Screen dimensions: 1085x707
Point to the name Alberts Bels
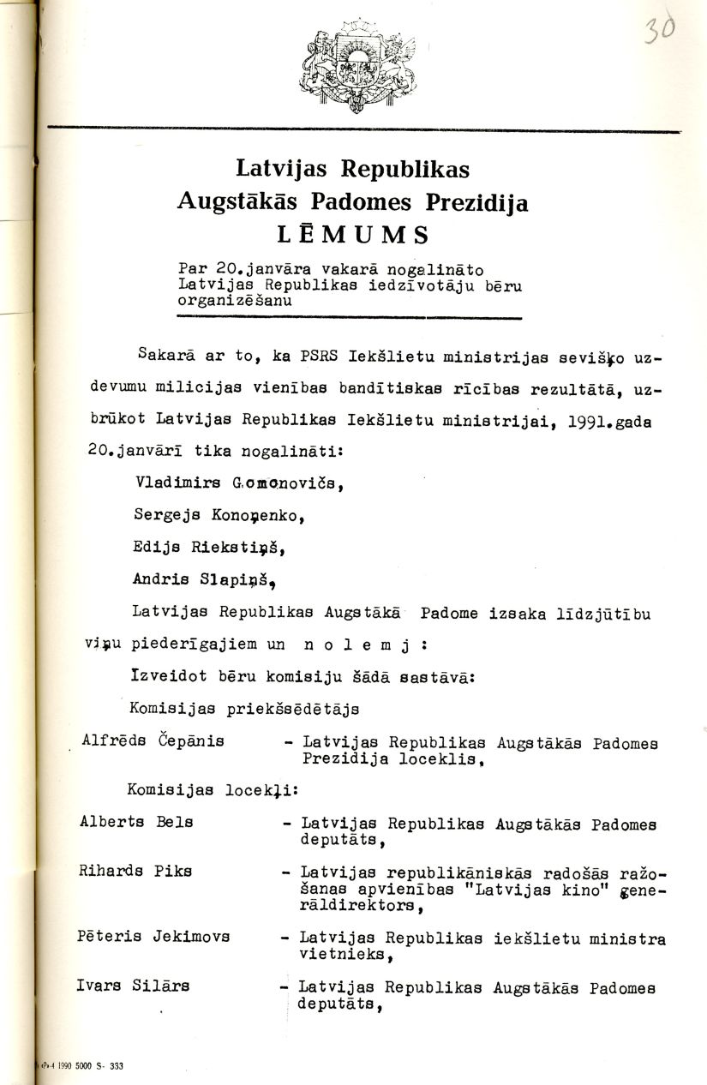click(x=136, y=821)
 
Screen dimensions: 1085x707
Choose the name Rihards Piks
click(x=135, y=870)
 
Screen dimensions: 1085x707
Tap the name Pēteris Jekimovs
click(x=154, y=936)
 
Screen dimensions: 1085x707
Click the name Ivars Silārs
click(x=133, y=986)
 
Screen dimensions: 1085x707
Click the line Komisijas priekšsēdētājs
click(x=244, y=708)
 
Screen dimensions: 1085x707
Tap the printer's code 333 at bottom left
click(x=116, y=1067)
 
